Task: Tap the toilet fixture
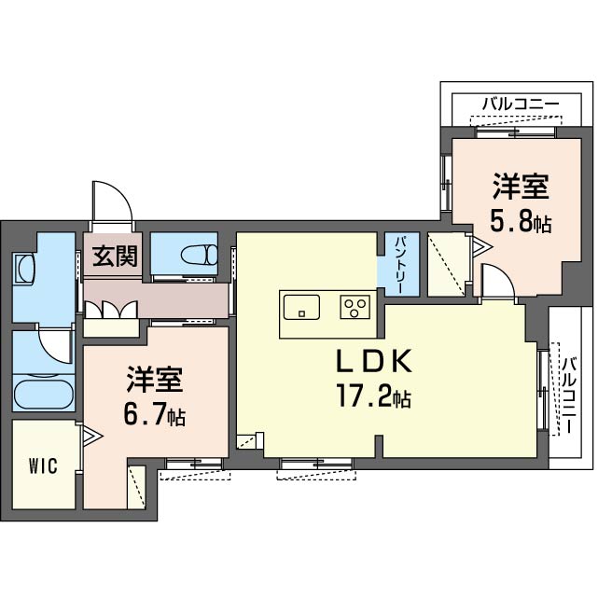199,254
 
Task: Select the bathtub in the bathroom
44,391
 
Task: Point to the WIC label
43,465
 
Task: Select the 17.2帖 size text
373,398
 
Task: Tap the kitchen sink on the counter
300,305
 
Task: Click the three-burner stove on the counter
355,305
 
